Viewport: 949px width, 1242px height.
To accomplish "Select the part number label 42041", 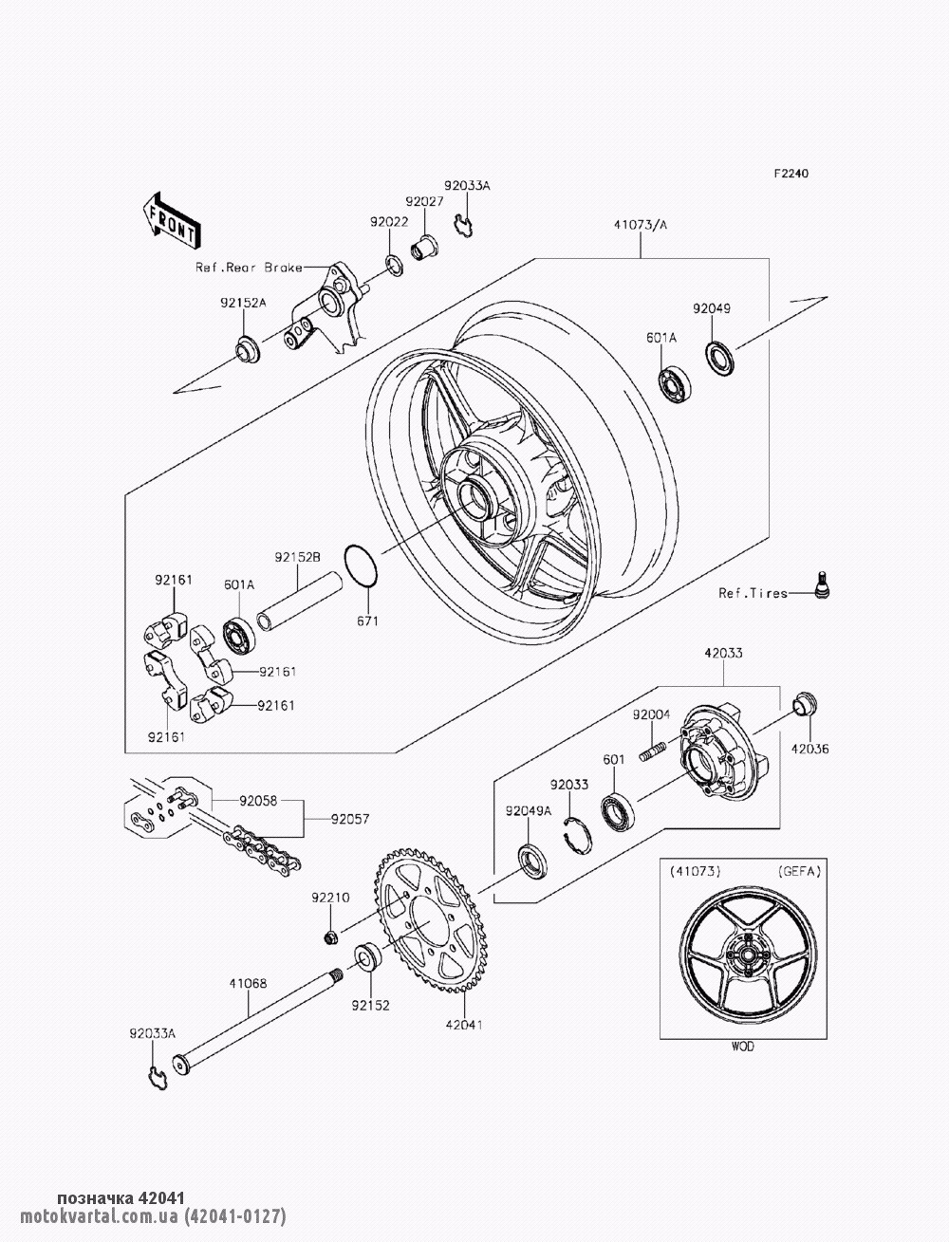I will pos(465,1025).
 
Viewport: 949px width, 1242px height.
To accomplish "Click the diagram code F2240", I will pos(791,175).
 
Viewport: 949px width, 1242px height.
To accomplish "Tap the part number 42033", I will pos(723,654).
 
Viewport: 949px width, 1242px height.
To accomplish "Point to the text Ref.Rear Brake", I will pos(249,268).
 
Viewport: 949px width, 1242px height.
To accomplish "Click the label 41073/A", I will pos(641,226).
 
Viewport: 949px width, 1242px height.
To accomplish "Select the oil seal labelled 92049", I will pos(721,357).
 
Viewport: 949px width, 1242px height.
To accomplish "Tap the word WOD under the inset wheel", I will pos(743,1047).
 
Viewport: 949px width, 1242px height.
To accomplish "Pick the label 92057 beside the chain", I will pos(351,818).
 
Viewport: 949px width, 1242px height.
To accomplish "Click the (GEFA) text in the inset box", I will pos(799,869).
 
